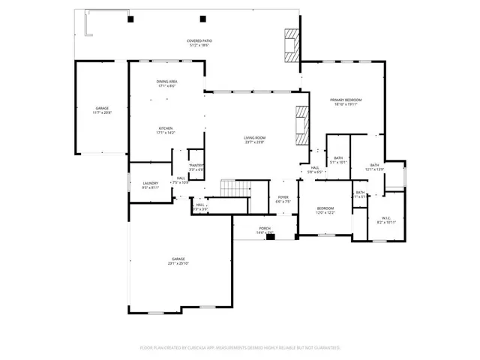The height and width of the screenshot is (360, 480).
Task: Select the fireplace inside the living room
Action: pos(301,124)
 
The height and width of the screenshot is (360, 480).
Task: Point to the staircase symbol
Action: pos(234,187)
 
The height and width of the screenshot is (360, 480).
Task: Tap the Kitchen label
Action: pos(166,130)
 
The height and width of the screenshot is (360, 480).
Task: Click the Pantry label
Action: pos(196,167)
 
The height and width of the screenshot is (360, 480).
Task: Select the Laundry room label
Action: pos(151,184)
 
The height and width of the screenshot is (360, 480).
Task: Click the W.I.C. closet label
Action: pos(385,219)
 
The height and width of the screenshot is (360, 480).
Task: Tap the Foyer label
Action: pos(281,199)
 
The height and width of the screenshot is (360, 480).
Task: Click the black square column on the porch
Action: pos(271,237)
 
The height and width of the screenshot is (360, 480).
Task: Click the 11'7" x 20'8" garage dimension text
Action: pos(101,112)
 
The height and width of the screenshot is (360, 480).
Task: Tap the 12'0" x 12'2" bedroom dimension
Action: pos(325,213)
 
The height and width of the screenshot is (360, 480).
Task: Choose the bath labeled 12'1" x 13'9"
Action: pos(375,167)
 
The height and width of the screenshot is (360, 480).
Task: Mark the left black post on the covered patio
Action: pos(130,19)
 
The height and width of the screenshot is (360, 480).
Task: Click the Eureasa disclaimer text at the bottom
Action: pos(240,347)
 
